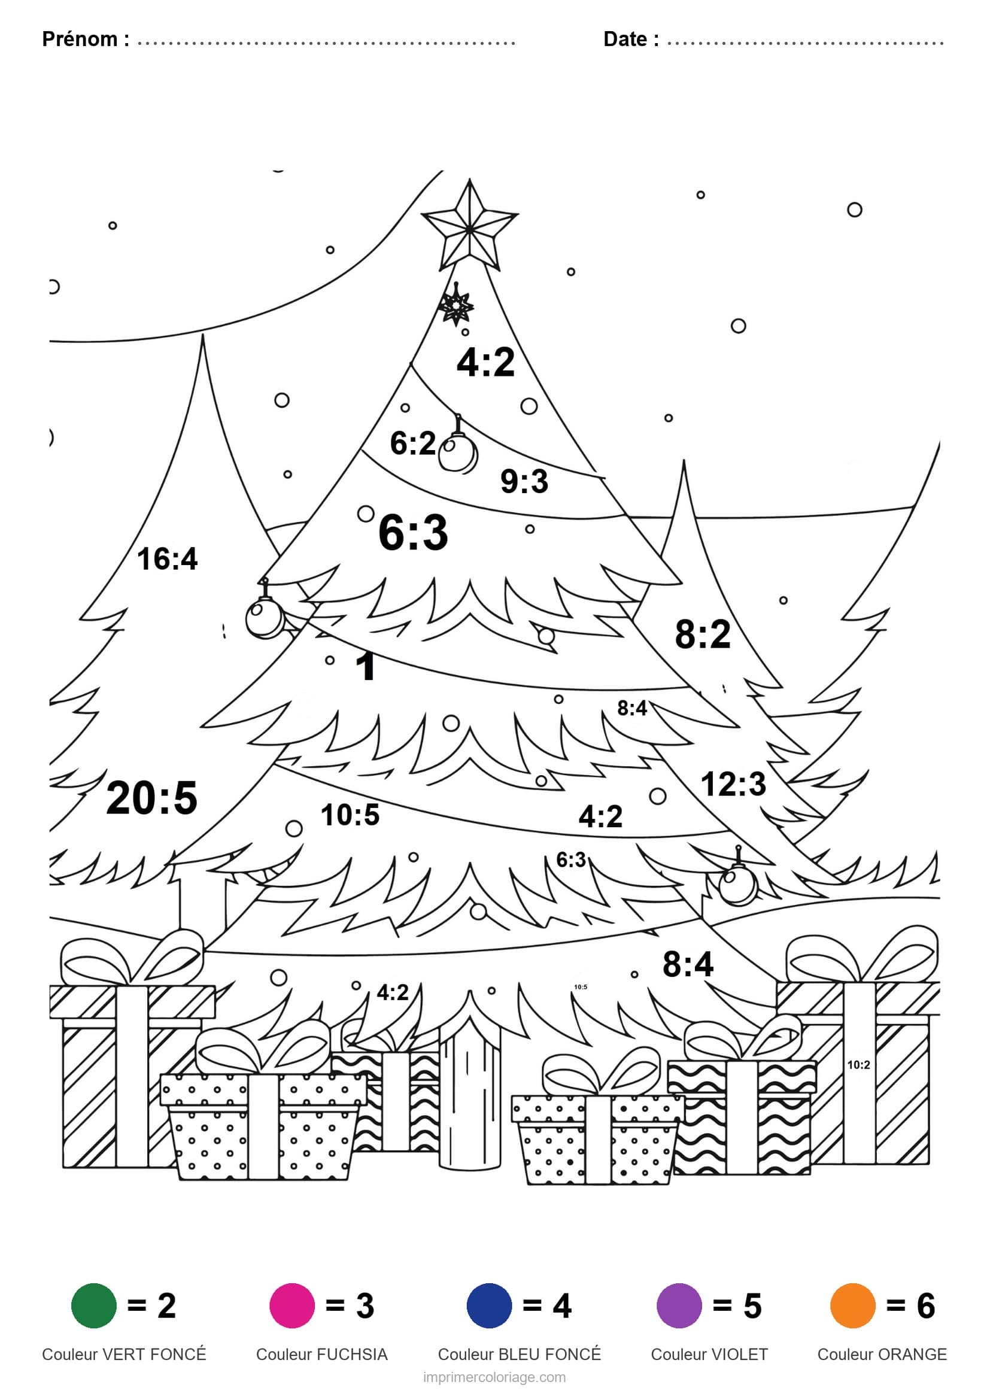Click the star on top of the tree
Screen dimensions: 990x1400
(x=469, y=226)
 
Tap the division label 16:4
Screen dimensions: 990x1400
(x=167, y=559)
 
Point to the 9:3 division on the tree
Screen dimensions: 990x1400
(x=524, y=481)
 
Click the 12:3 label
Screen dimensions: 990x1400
(x=733, y=784)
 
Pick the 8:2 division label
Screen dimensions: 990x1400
(x=702, y=634)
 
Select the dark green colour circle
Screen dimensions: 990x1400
(x=94, y=1305)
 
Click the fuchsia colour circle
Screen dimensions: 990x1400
(x=292, y=1305)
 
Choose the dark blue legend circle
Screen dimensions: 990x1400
(x=489, y=1305)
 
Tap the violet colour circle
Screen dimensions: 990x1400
(x=679, y=1305)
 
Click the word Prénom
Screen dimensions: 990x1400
(x=80, y=39)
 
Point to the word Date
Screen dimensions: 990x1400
(x=625, y=39)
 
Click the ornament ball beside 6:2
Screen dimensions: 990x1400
(x=458, y=451)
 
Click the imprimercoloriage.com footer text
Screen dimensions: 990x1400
(x=494, y=1377)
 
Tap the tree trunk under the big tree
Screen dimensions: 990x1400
(x=469, y=1098)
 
